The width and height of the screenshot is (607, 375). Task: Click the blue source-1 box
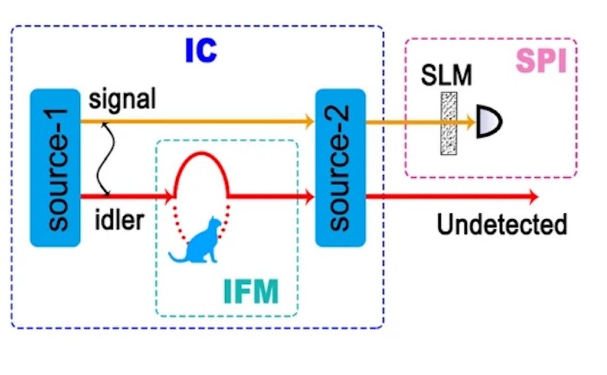point(55,168)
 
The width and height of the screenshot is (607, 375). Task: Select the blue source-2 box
point(340,168)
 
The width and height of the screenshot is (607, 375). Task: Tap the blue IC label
point(201,51)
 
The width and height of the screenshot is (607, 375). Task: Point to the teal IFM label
point(250,292)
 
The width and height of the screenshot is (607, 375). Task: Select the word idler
point(119,220)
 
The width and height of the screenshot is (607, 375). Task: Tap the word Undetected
point(501,224)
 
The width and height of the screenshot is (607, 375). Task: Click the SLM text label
point(446,76)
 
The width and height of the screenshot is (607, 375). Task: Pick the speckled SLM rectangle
point(448,123)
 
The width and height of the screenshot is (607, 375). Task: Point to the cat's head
point(215,222)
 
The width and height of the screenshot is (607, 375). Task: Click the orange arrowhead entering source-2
point(309,122)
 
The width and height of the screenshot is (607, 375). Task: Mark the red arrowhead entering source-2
point(309,197)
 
